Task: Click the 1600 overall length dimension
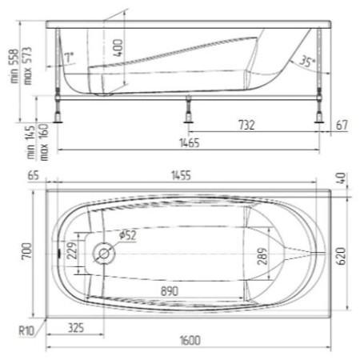[x=190, y=341]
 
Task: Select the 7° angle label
[x=71, y=57]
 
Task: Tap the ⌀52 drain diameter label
[x=127, y=235]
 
